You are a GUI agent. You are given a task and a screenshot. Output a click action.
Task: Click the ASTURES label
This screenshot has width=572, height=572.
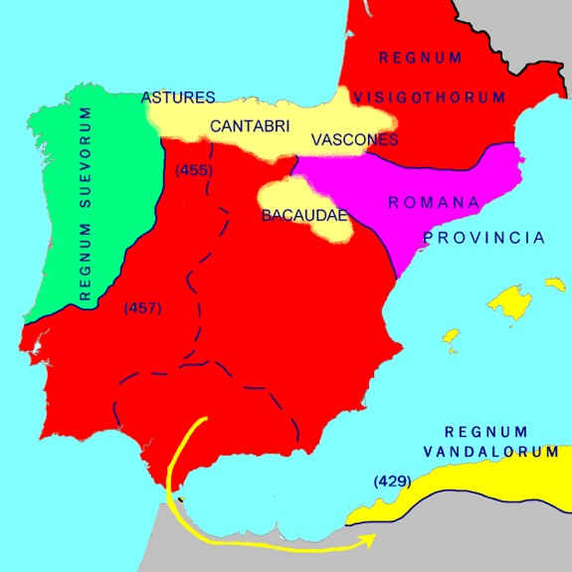tap(179, 97)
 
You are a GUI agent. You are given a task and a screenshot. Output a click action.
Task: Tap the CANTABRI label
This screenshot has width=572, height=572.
tap(245, 126)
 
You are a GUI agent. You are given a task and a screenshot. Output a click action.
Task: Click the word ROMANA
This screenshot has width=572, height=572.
tap(427, 202)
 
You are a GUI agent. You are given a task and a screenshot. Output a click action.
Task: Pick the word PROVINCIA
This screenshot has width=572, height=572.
tap(484, 239)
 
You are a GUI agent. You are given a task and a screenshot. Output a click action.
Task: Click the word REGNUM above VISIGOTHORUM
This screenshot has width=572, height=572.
tap(420, 58)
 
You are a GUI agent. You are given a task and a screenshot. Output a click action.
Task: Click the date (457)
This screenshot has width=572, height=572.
tap(142, 309)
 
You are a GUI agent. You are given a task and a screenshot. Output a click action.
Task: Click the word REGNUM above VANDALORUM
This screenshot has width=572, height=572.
tap(485, 431)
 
